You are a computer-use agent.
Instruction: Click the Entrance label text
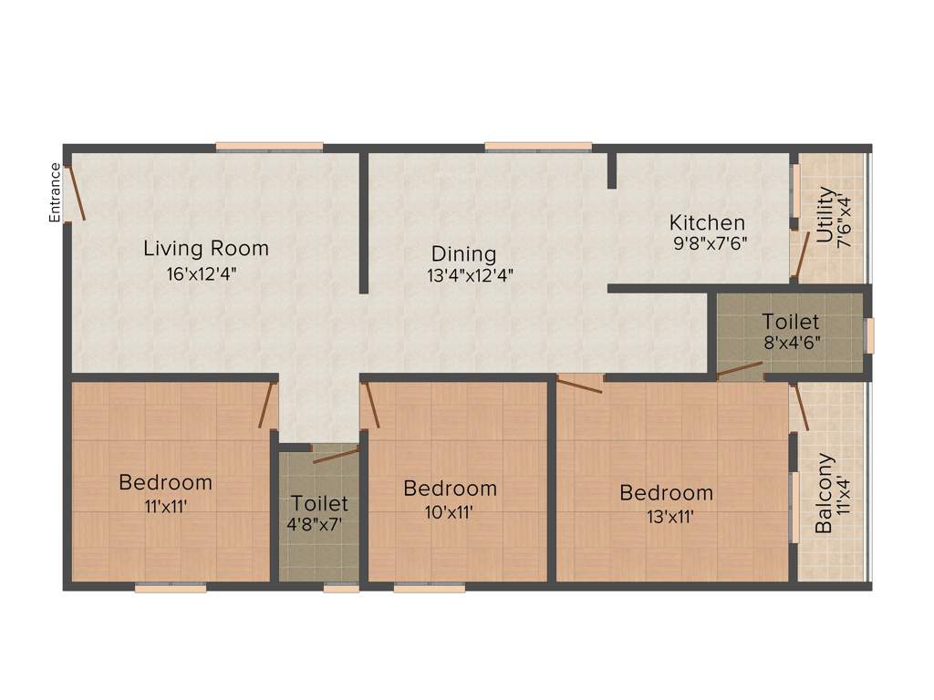55,192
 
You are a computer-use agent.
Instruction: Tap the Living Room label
206,248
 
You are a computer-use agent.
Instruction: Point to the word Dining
464,254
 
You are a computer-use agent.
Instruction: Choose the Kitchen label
707,222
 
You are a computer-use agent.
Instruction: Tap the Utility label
825,215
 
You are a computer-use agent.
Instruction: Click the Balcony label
824,493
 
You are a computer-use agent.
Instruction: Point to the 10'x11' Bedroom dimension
450,511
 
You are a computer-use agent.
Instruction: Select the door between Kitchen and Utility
800,254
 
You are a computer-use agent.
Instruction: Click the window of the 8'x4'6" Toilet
869,335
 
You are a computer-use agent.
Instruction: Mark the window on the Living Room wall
269,146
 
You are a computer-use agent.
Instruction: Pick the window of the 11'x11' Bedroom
171,589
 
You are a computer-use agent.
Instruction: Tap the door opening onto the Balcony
802,407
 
